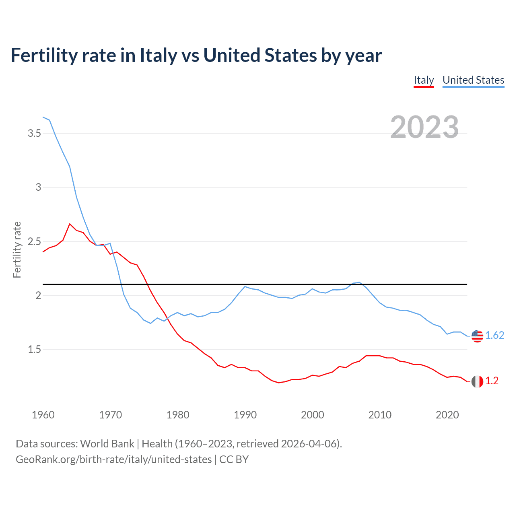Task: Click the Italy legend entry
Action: [x=424, y=80]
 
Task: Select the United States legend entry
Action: [x=473, y=80]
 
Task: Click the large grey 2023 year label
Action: [x=424, y=127]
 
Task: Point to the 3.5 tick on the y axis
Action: [x=34, y=133]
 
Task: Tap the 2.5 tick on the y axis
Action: [x=34, y=241]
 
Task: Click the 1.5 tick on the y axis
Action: [x=34, y=349]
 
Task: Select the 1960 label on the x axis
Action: [x=43, y=415]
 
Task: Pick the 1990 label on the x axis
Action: [x=245, y=415]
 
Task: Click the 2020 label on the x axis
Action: [x=447, y=415]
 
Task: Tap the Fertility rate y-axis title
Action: [x=17, y=249]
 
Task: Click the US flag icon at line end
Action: [x=477, y=336]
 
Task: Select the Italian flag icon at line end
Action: [x=477, y=381]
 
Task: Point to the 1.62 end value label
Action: [x=494, y=335]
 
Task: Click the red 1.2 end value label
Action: [x=492, y=381]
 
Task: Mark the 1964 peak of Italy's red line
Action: [x=70, y=224]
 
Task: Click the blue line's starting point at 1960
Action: [x=43, y=117]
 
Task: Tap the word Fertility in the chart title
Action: [x=43, y=55]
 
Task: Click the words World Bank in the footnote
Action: [x=107, y=443]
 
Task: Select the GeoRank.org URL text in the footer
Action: [x=113, y=459]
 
